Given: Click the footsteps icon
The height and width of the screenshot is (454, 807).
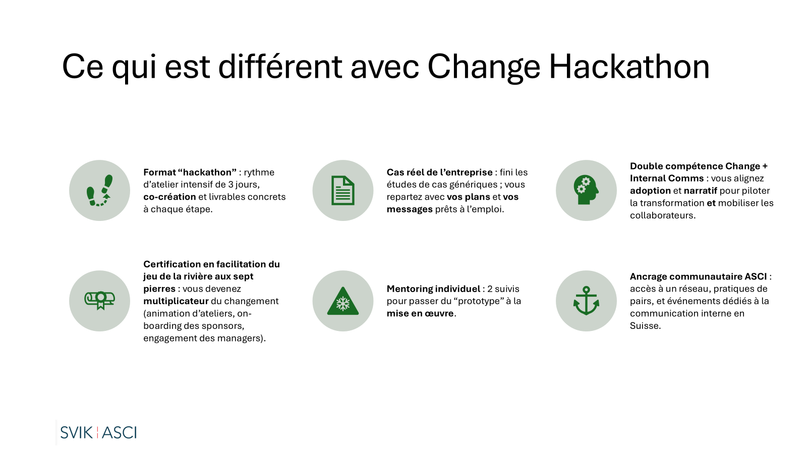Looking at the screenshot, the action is (100, 191).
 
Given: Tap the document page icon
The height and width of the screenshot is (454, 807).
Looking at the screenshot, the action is (342, 191).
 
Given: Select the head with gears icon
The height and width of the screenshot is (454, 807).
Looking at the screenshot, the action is (586, 190).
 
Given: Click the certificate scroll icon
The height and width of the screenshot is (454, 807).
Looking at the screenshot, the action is (100, 301).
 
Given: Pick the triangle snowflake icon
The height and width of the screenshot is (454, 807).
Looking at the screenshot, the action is (342, 301).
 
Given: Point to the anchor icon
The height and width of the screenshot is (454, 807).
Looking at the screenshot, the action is (586, 301).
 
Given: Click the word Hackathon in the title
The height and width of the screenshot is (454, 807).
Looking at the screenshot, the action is (629, 67).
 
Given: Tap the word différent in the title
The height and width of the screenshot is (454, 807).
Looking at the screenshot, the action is (280, 67).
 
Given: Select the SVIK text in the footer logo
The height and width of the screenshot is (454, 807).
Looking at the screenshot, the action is (76, 433).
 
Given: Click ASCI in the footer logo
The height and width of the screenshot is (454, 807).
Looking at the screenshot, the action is (120, 433).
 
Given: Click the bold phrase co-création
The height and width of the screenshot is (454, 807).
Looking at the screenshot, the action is (169, 197).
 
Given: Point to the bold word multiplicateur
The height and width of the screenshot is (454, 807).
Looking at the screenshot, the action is (176, 301).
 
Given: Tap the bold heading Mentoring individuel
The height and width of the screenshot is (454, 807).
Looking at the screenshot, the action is (433, 289).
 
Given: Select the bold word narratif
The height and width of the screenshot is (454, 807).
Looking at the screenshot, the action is (701, 191).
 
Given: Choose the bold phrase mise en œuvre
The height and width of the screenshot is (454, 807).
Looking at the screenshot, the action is (420, 313).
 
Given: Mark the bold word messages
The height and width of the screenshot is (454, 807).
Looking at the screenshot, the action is (410, 209).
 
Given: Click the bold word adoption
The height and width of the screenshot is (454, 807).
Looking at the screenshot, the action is (650, 191).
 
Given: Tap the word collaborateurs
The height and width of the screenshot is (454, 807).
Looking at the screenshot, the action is (661, 215).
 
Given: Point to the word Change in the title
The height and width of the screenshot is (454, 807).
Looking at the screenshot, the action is (484, 67).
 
